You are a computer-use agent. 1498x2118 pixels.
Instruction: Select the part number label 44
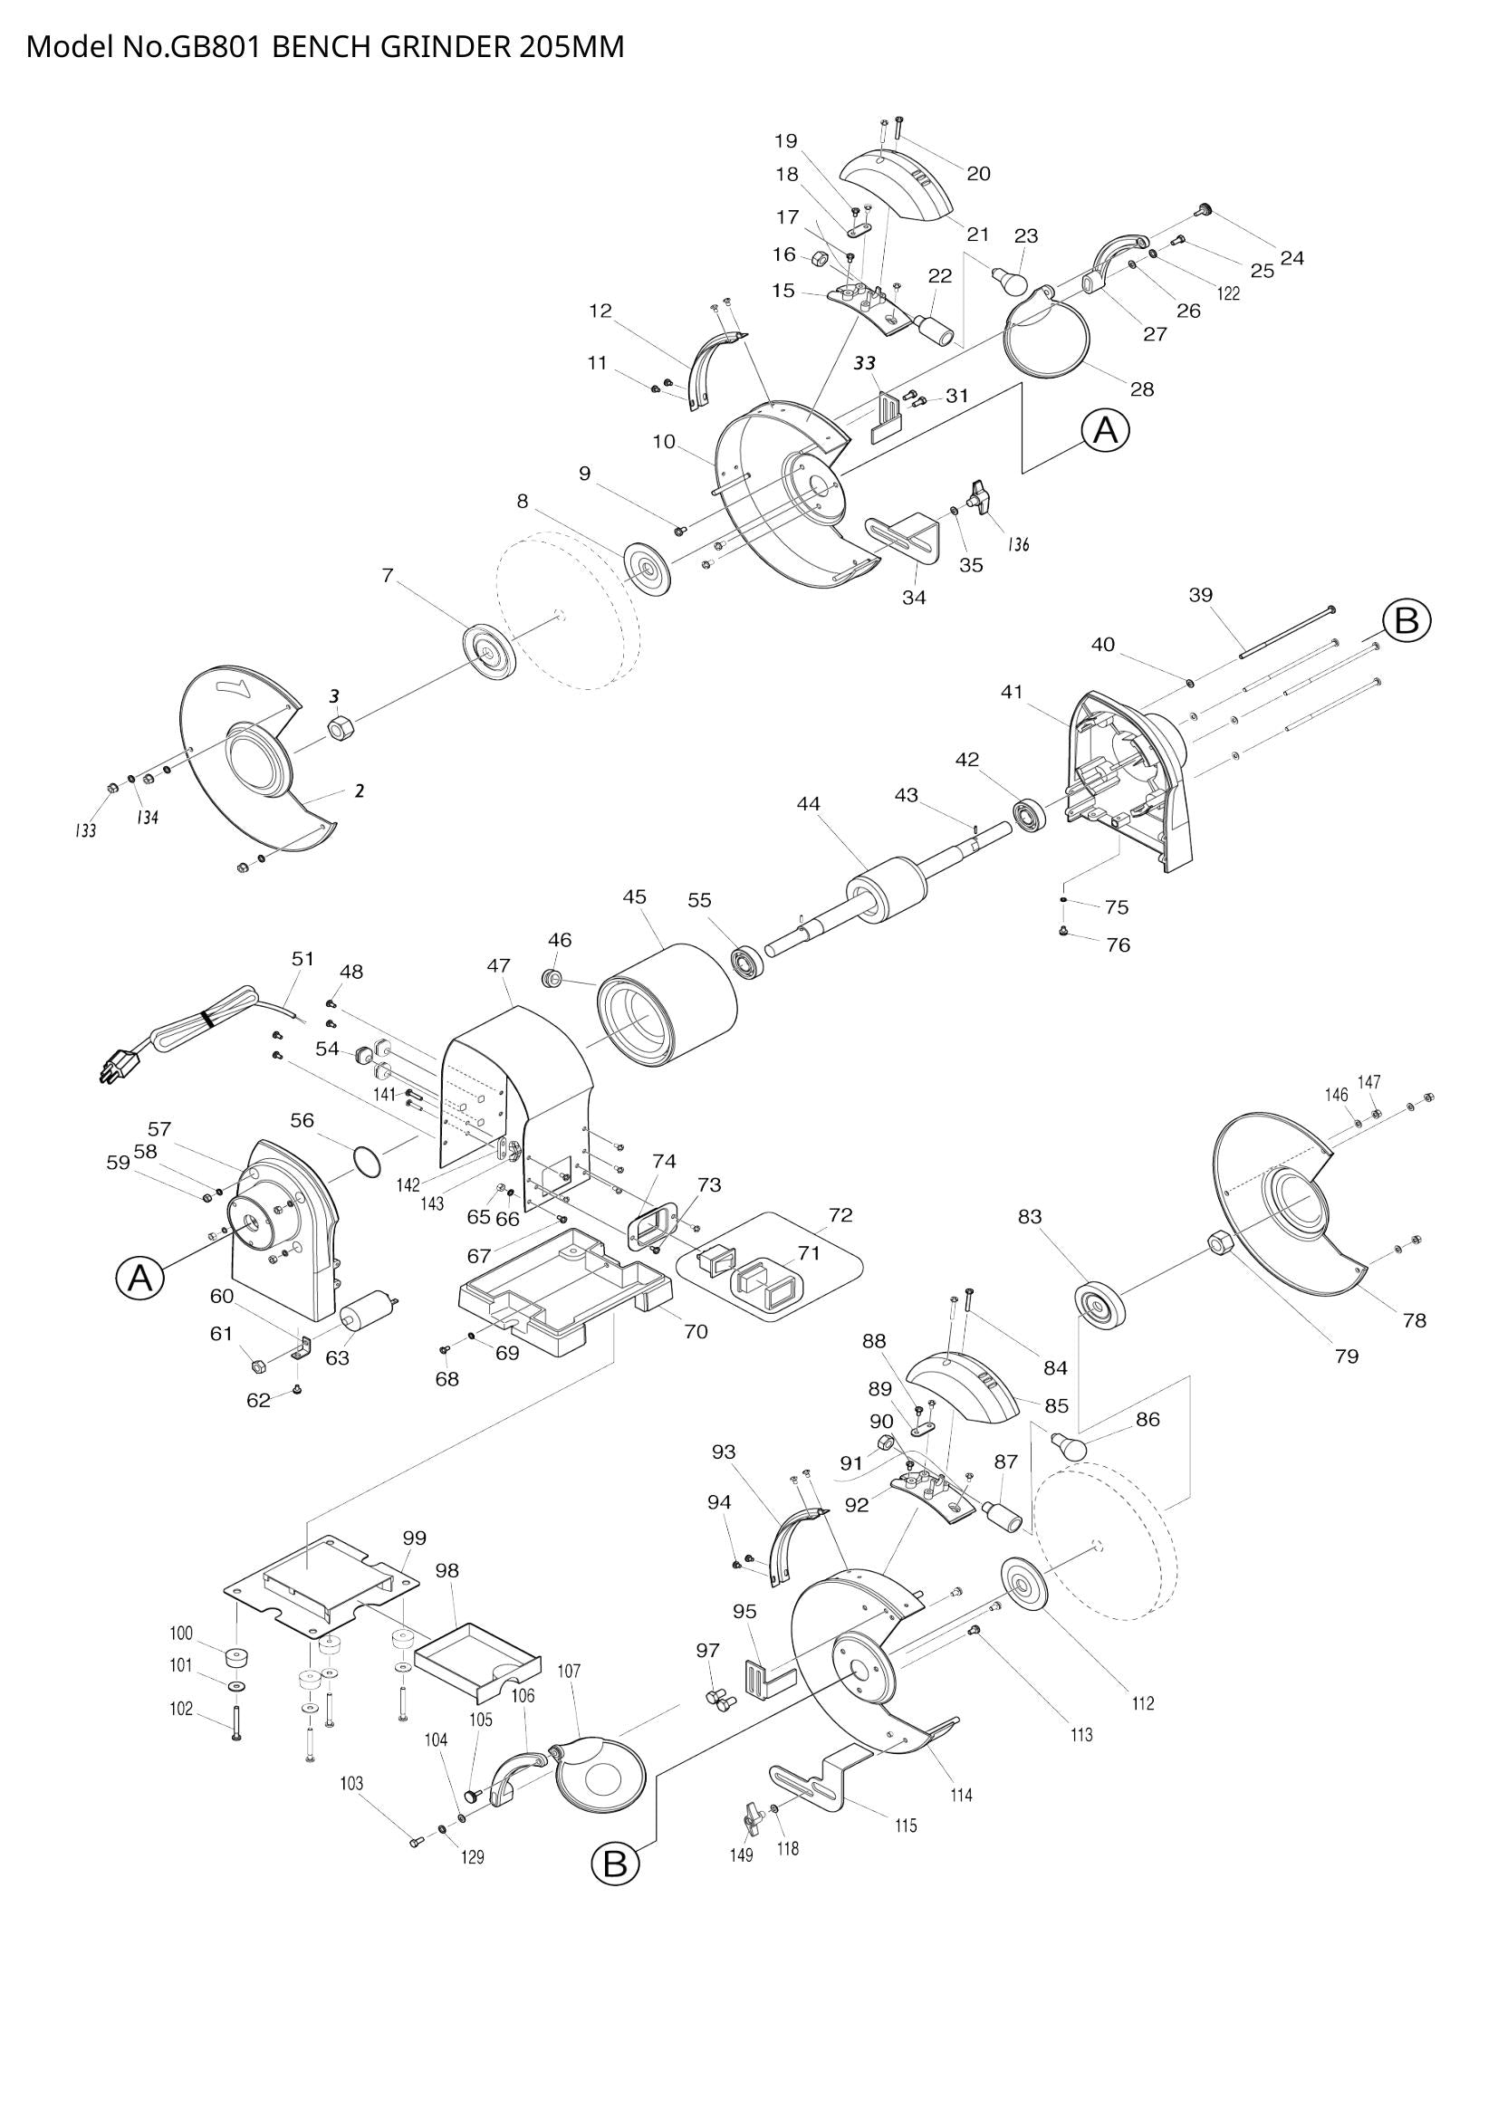pyautogui.click(x=808, y=804)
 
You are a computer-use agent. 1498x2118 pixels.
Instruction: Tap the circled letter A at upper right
pyautogui.click(x=1105, y=431)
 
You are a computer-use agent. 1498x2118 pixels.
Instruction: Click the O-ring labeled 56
pyautogui.click(x=366, y=1162)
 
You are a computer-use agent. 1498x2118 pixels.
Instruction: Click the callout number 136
pyautogui.click(x=1017, y=543)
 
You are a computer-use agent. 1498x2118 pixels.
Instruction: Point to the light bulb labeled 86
pyautogui.click(x=1069, y=1445)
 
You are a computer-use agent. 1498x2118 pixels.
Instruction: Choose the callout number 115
pyautogui.click(x=905, y=1826)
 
